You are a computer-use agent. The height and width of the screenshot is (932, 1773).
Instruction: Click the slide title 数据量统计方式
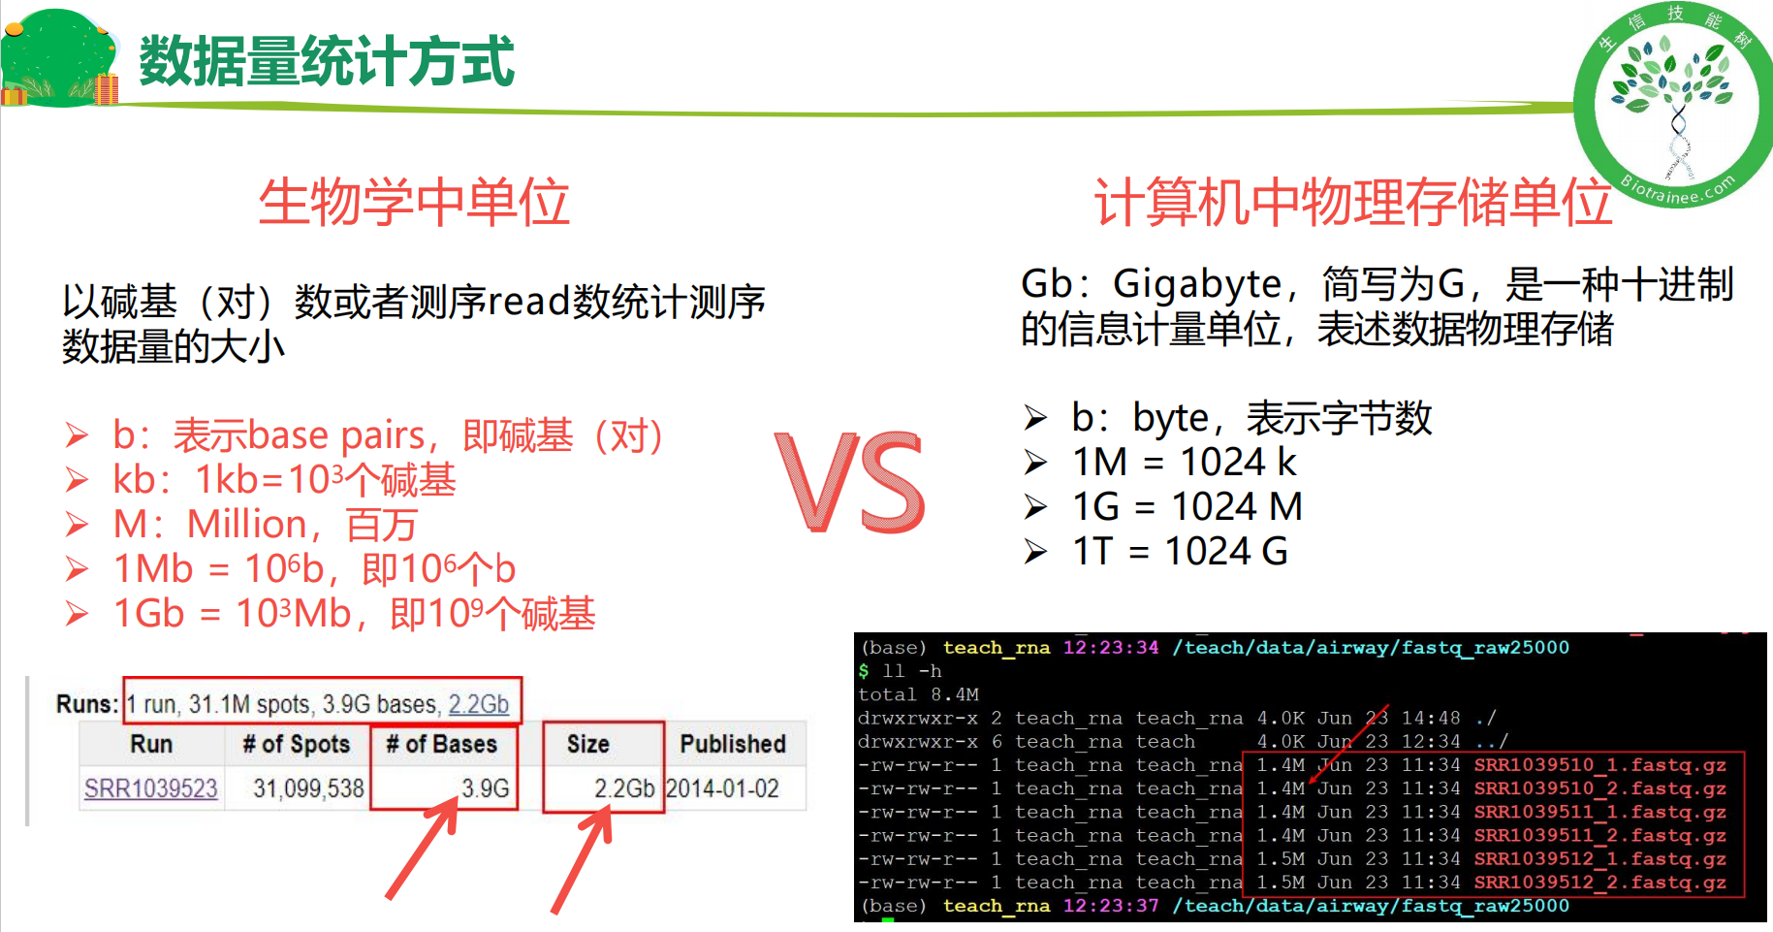pyautogui.click(x=327, y=61)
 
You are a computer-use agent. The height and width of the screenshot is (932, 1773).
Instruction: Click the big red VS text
pyautogui.click(x=850, y=483)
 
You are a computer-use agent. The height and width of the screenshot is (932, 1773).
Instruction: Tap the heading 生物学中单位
pyautogui.click(x=414, y=202)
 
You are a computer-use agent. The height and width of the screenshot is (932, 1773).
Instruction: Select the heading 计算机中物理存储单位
pyautogui.click(x=1352, y=202)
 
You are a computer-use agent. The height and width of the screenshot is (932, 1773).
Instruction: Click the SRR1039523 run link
pyautogui.click(x=151, y=788)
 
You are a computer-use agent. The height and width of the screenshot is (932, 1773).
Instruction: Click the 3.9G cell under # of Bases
pyautogui.click(x=485, y=788)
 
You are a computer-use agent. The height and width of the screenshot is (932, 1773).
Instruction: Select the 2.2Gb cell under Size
pyautogui.click(x=624, y=788)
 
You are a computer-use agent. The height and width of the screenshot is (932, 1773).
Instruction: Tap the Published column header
pyautogui.click(x=733, y=744)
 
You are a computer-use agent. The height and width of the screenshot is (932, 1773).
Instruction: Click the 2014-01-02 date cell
pyautogui.click(x=723, y=788)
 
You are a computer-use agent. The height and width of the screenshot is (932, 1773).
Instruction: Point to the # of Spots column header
pyautogui.click(x=297, y=744)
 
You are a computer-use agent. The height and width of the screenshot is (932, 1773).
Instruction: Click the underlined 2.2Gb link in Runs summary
pyautogui.click(x=478, y=704)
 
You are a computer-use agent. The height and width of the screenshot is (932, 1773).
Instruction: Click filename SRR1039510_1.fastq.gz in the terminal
pyautogui.click(x=1600, y=765)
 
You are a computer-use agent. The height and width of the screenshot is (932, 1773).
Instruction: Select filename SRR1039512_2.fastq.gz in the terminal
pyautogui.click(x=1600, y=883)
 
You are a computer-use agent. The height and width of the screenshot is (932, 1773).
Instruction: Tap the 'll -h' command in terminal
pyautogui.click(x=912, y=671)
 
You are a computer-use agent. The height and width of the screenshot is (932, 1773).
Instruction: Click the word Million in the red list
pyautogui.click(x=247, y=524)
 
